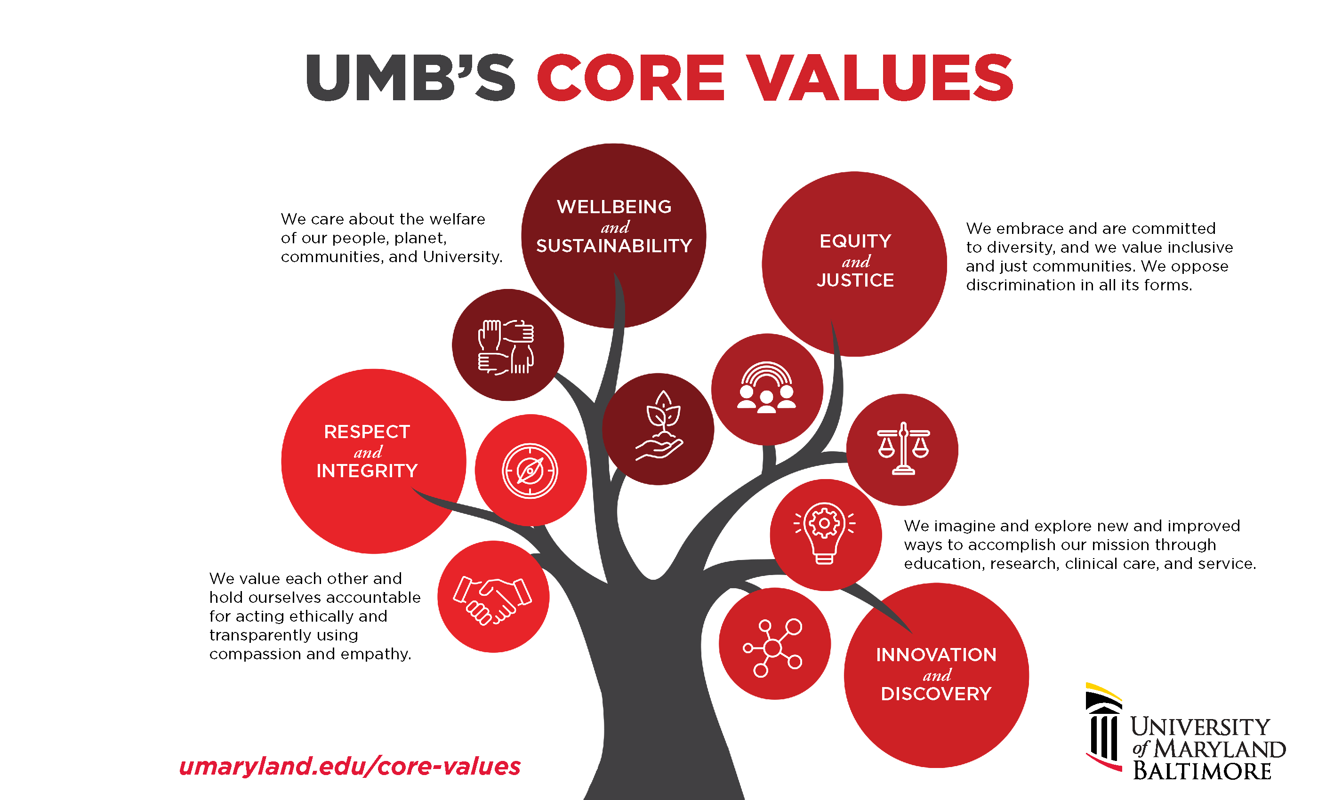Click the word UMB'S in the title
410,78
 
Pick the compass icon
530,471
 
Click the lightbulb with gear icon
824,533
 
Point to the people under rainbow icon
766,388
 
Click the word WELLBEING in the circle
614,207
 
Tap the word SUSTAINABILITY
614,246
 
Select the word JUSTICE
855,280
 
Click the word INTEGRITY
367,471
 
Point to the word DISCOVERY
936,694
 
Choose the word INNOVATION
936,655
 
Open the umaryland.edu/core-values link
350,766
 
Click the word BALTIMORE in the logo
1201,771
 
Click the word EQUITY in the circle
855,241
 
